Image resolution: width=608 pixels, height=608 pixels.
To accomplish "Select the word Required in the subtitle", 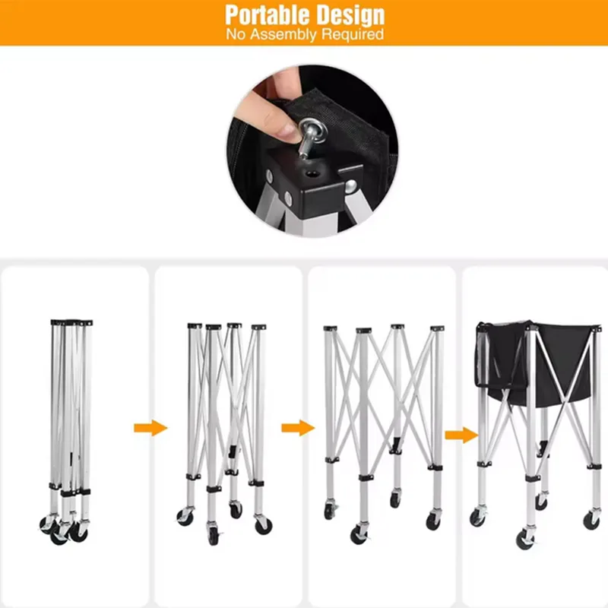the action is (353, 34).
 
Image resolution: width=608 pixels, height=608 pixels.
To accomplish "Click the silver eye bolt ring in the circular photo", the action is (312, 130).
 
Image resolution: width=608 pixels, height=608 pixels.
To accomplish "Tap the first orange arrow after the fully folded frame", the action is (150, 428).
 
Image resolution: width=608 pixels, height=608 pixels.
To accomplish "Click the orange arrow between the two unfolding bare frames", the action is (298, 428).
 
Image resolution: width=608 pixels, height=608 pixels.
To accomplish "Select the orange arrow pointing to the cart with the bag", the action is (461, 435).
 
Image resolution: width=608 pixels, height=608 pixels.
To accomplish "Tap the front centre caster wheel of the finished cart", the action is (524, 539).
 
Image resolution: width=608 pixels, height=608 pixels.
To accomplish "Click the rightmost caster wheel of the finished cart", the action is (591, 520).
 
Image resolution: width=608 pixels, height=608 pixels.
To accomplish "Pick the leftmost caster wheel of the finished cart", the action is (477, 518).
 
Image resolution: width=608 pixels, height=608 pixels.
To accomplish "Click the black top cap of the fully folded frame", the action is (71, 322).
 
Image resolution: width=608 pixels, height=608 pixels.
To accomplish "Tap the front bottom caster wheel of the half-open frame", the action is (213, 535).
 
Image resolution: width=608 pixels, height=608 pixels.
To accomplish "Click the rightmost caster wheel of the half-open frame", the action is (263, 525).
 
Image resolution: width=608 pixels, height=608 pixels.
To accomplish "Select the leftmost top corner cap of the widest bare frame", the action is (330, 328).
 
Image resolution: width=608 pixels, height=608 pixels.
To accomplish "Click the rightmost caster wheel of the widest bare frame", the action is (433, 521).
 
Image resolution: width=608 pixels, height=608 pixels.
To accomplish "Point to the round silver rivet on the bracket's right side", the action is (351, 186).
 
